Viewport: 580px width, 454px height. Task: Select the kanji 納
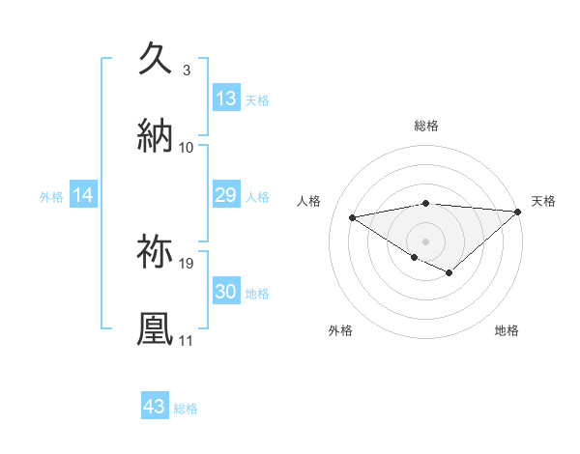click(x=156, y=134)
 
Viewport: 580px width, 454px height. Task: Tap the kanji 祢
click(x=156, y=250)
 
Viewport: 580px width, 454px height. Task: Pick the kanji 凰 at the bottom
click(x=156, y=327)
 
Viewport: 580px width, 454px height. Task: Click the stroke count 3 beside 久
click(x=186, y=71)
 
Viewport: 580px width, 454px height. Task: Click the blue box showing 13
click(x=226, y=99)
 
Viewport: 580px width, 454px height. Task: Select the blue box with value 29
click(x=226, y=195)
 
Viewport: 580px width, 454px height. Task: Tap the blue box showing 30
click(x=226, y=292)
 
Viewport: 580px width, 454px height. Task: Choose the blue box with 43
click(x=155, y=407)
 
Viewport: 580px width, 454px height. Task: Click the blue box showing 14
click(x=83, y=195)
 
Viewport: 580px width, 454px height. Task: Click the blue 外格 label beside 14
click(x=51, y=196)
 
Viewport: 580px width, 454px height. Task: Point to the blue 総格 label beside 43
click(x=186, y=409)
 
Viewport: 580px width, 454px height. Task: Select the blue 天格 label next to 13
click(x=257, y=99)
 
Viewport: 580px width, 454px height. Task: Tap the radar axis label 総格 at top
click(x=426, y=126)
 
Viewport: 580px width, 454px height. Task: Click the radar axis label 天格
click(x=543, y=201)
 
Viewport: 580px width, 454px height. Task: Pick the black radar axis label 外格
click(x=340, y=330)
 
